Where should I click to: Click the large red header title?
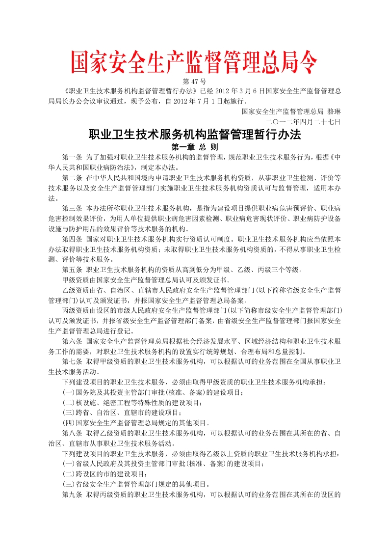[x=194, y=63]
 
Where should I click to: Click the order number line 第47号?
[x=194, y=81]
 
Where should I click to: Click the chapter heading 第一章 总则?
[x=194, y=147]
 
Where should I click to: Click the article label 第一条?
[x=72, y=158]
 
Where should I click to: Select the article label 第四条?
[x=72, y=239]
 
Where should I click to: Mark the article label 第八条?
[x=72, y=433]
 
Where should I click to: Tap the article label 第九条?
[x=72, y=494]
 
